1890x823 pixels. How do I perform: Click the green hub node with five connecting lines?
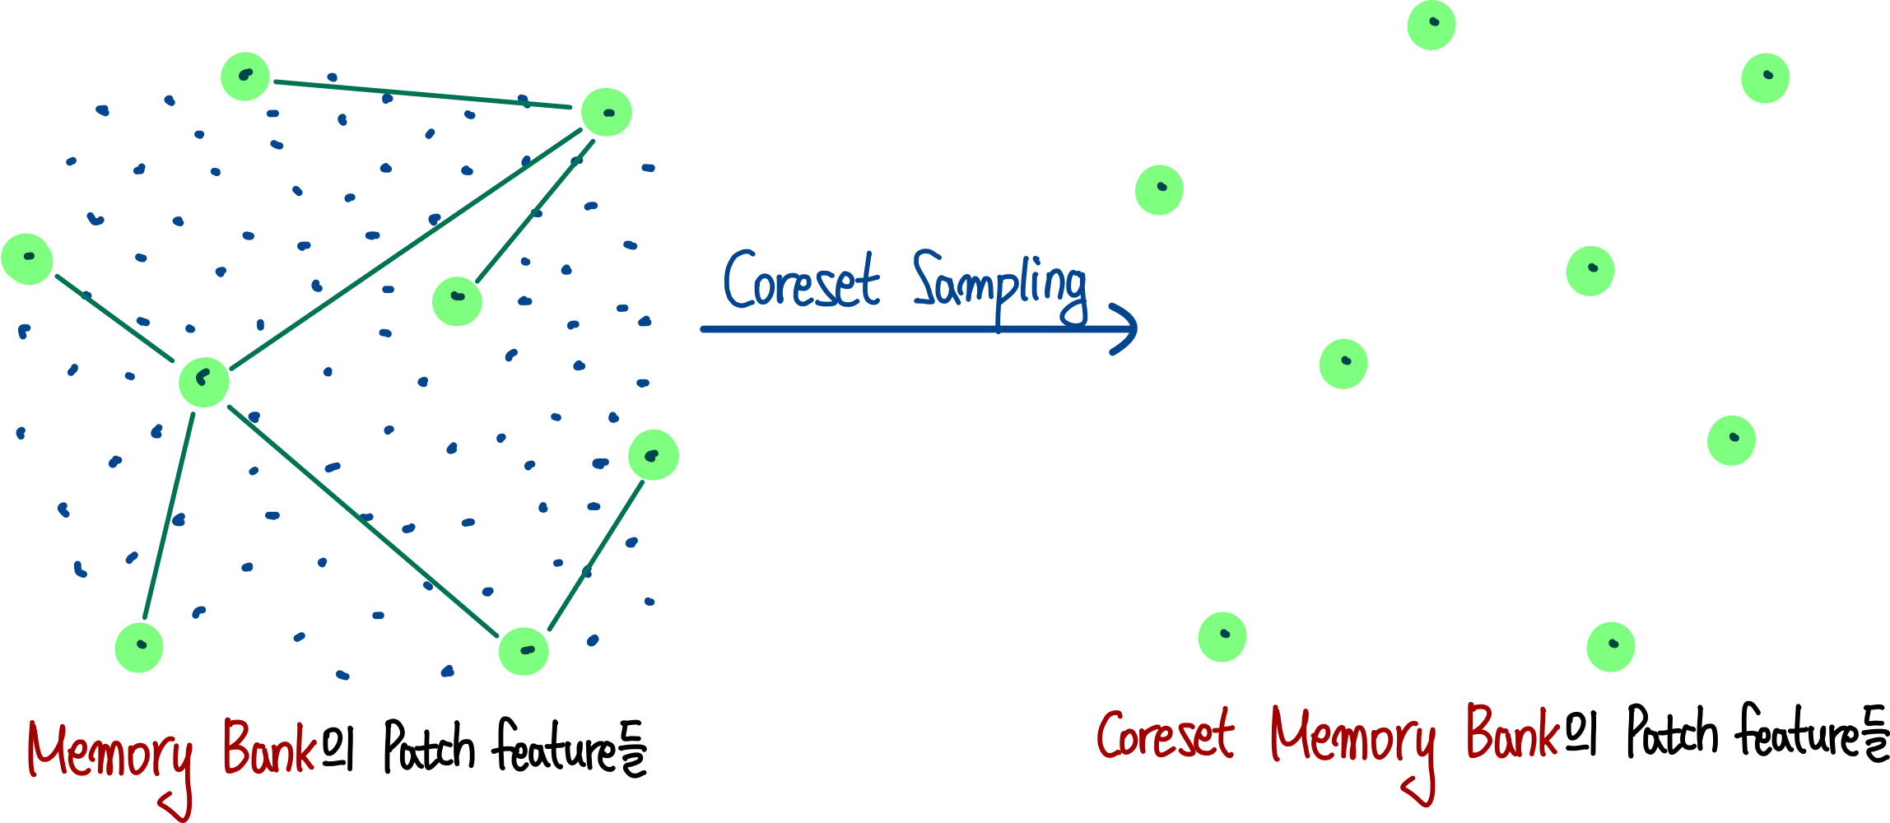tap(204, 382)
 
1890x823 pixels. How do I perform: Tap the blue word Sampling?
tap(999, 285)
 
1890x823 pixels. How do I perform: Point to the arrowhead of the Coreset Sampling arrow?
tap(1129, 328)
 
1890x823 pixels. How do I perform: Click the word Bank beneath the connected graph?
tap(269, 747)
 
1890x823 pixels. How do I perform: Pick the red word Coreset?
tap(1165, 735)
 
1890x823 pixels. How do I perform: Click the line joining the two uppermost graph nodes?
tap(422, 95)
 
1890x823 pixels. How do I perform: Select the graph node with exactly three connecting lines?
tap(607, 112)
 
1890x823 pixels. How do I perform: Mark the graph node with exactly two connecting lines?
tap(524, 651)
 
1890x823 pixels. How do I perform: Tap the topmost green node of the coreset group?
tap(1431, 25)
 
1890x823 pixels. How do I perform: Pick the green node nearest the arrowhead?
tap(1159, 190)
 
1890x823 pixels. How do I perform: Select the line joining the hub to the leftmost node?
tap(114, 319)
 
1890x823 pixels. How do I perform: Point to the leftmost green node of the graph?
tap(27, 258)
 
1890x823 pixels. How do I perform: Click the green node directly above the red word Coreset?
tap(1222, 636)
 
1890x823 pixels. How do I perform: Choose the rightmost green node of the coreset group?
tap(1766, 78)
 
